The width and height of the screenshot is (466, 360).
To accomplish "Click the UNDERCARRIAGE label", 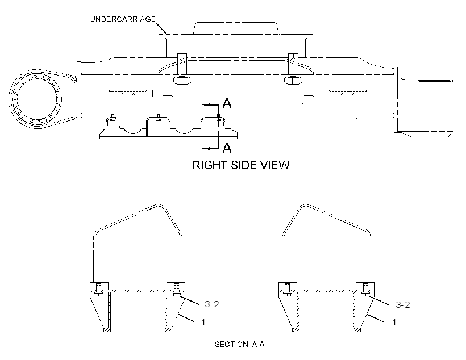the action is [x=123, y=19].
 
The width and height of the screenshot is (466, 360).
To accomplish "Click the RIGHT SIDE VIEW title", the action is [x=241, y=165].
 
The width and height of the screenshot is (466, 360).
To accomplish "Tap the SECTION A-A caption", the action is [x=240, y=344].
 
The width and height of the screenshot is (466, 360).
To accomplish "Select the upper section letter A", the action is [x=227, y=103].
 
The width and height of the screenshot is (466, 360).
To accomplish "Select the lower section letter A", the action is [x=227, y=148].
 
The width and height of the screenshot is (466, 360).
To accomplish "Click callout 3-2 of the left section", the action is [x=211, y=304].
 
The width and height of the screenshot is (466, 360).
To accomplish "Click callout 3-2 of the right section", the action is [x=403, y=304].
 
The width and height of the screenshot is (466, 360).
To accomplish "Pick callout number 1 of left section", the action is [x=203, y=323].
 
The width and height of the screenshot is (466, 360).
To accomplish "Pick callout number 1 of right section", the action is [x=394, y=323].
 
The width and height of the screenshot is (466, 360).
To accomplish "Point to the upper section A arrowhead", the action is [x=208, y=105].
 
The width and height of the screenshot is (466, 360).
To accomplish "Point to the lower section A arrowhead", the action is [x=208, y=148].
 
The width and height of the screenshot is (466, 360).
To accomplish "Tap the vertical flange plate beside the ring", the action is [x=79, y=91].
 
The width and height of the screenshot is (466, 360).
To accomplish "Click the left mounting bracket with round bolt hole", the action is [x=182, y=64].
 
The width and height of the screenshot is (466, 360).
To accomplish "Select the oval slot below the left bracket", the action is [x=182, y=80].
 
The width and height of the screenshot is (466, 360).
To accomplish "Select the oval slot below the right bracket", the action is [x=293, y=80].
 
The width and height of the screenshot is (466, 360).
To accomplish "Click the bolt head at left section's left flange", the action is [x=98, y=294].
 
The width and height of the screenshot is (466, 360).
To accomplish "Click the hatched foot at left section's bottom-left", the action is [x=107, y=330].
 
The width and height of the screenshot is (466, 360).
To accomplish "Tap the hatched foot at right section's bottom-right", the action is [x=357, y=330].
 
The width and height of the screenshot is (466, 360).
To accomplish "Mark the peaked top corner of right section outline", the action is [x=306, y=205].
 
